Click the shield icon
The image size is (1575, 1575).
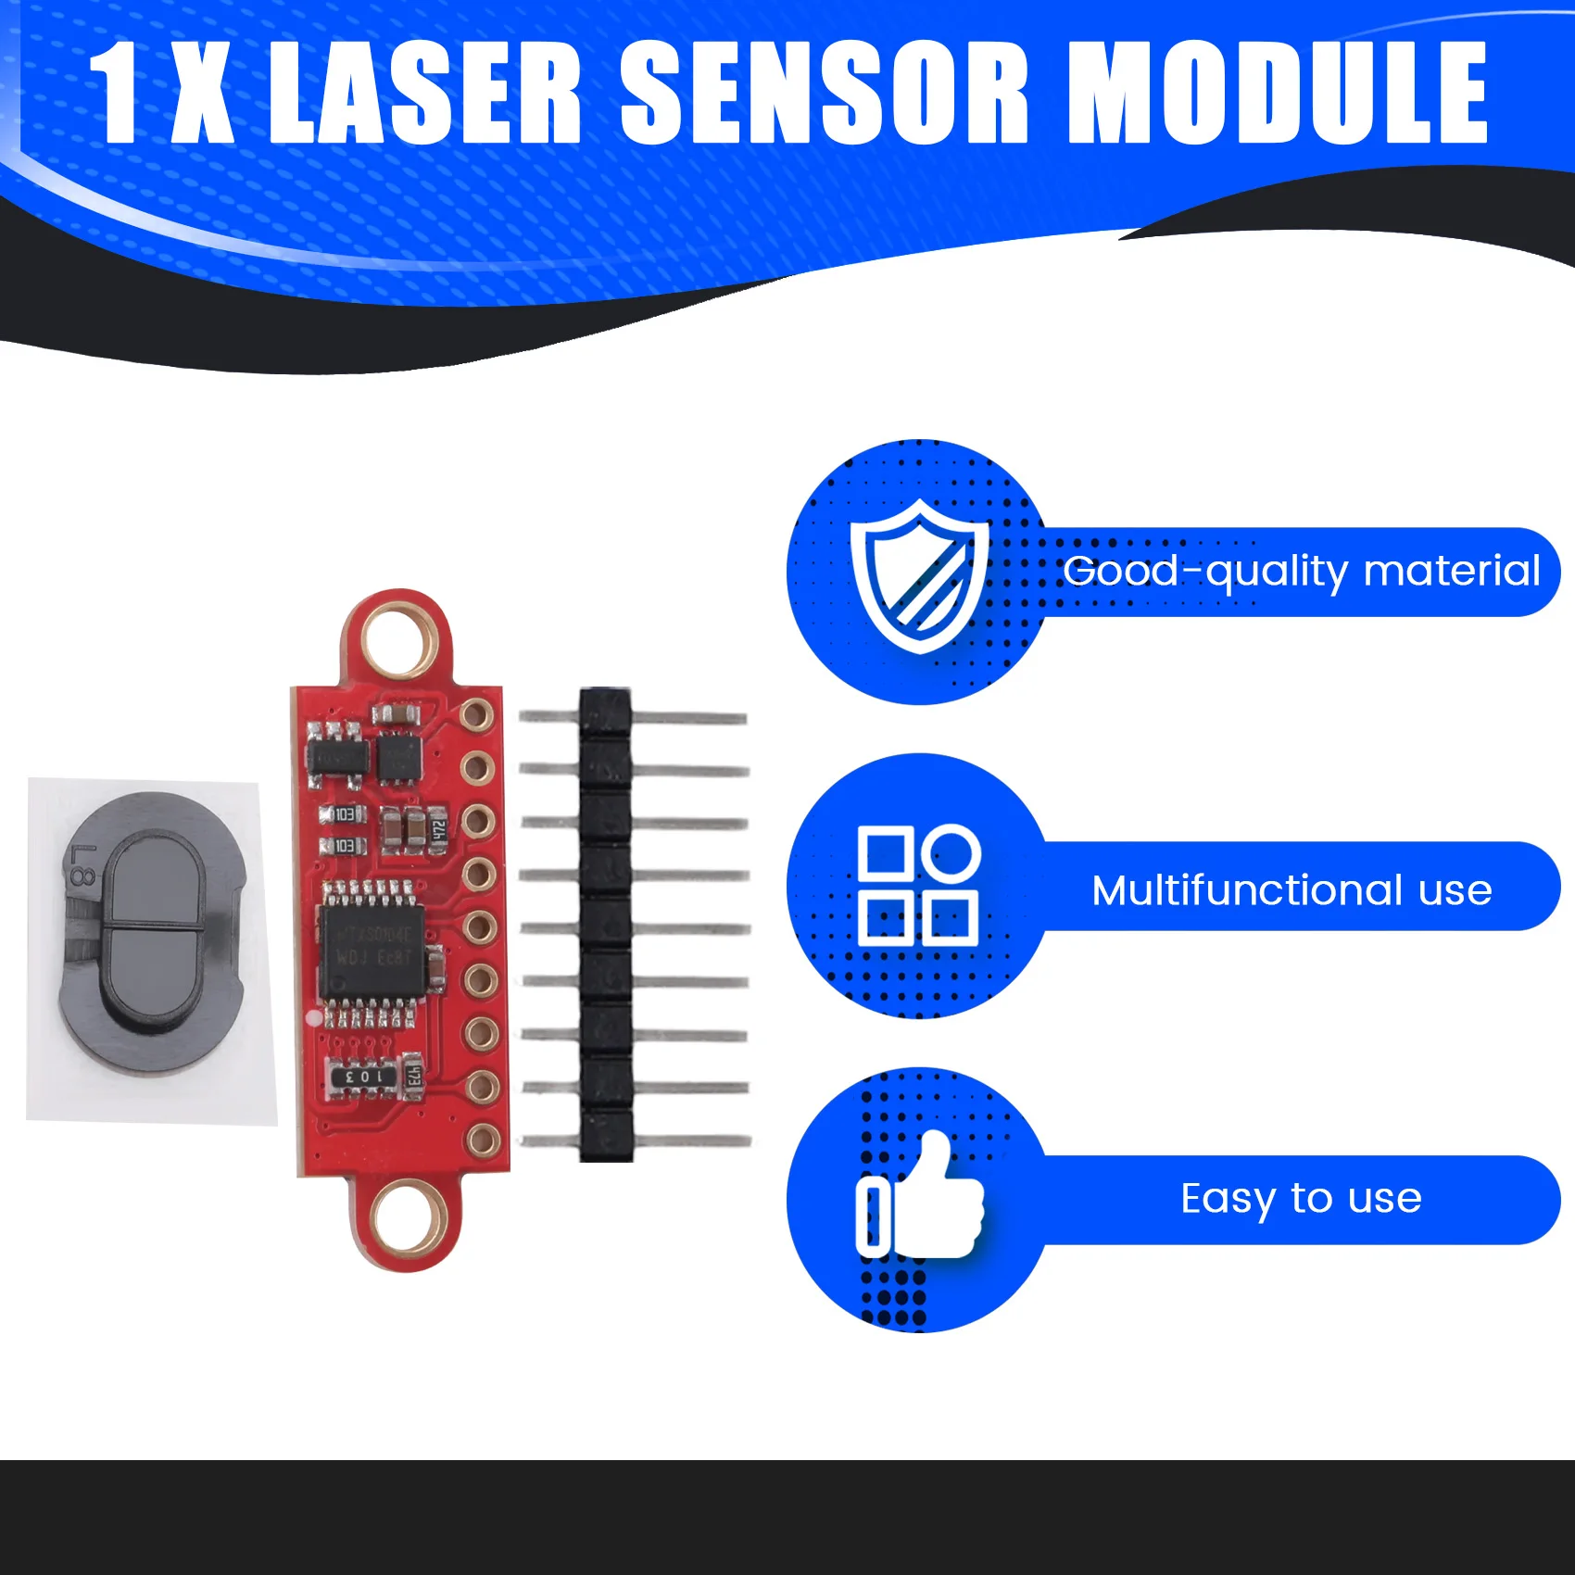pos(919,575)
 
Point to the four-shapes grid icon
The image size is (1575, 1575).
pos(918,886)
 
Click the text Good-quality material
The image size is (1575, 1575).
pos(1301,572)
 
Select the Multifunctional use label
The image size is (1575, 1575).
pos(1291,890)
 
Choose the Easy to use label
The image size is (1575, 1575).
pos(1301,1199)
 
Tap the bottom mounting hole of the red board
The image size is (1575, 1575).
pos(406,1215)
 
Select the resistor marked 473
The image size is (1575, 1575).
pos(414,1077)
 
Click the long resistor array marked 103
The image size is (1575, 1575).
pos(363,1077)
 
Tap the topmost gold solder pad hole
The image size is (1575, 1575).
pos(476,714)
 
